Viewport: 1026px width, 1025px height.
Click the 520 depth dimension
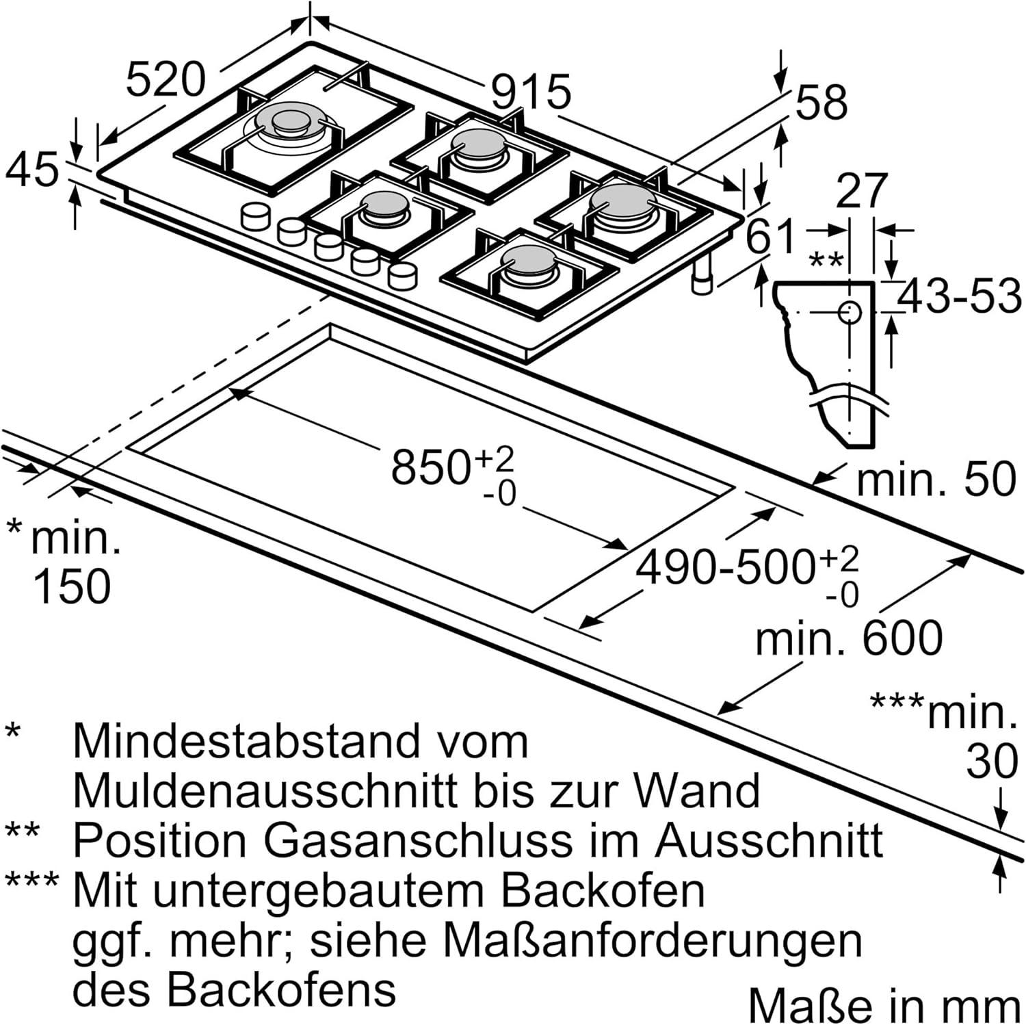[x=166, y=79]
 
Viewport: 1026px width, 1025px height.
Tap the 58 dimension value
[x=822, y=103]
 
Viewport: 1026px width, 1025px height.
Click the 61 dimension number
[x=772, y=237]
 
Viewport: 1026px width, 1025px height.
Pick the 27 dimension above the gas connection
[x=862, y=191]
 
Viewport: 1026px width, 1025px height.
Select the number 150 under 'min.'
[x=71, y=586]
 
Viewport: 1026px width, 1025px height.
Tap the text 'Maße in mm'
[x=885, y=1005]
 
